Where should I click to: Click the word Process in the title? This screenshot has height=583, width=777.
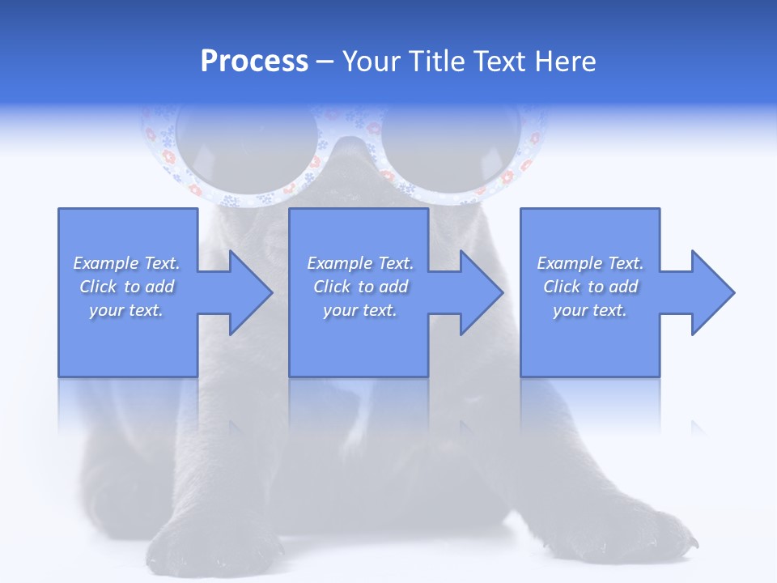tap(254, 62)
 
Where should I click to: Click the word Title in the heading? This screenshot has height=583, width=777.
tap(435, 62)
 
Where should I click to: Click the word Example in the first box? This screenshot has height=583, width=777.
tap(104, 263)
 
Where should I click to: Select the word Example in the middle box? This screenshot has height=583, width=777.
tap(338, 263)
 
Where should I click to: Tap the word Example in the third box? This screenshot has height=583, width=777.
tap(568, 263)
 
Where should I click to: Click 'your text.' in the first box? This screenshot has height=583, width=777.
tap(126, 310)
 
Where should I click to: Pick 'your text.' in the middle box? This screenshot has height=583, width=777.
tap(359, 310)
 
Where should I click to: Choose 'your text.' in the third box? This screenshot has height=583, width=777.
tap(590, 310)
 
